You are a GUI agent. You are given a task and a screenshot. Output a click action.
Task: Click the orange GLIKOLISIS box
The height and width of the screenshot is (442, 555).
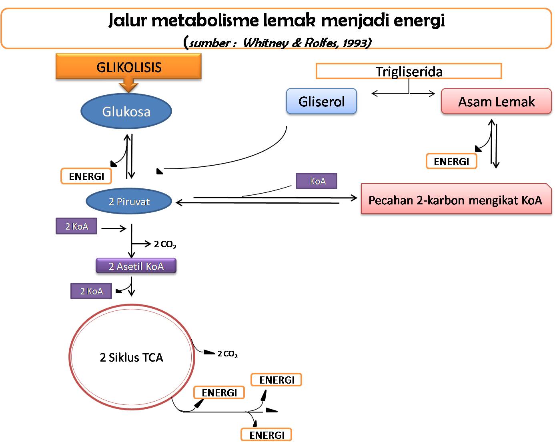pos(128,67)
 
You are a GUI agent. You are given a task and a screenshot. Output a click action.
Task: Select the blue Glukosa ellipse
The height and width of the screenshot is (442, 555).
pos(126,111)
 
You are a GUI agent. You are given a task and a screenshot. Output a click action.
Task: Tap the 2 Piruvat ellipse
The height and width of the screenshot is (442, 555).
pos(129,202)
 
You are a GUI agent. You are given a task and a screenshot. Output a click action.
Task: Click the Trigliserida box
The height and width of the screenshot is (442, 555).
pos(409,72)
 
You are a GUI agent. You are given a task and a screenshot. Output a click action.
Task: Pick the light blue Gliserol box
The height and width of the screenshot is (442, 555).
pos(321,102)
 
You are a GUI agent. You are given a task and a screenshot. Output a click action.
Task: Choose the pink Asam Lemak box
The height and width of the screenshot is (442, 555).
pos(496,102)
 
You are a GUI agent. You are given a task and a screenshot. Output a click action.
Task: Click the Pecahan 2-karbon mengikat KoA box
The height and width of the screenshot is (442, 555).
pos(455,200)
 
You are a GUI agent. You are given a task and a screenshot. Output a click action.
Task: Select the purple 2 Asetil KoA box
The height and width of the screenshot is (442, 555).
pos(136,266)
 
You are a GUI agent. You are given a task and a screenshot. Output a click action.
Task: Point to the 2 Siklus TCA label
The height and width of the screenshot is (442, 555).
pos(131,357)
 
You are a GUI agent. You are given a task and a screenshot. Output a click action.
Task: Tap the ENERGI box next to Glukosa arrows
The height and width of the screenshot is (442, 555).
pos(86,176)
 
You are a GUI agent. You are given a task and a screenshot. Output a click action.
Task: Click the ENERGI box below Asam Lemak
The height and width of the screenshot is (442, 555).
pos(451,161)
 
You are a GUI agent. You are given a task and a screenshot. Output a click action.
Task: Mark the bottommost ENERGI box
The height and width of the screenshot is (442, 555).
pos(266,435)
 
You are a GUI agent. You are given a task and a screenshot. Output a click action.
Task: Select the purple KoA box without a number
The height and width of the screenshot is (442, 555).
pos(317,181)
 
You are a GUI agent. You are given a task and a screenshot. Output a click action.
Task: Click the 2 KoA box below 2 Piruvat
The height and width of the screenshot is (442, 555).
pos(76,226)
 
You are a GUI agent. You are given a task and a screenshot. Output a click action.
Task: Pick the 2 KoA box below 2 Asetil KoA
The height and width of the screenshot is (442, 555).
pos(91,291)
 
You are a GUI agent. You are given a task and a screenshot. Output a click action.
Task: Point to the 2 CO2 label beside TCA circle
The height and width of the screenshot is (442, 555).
pos(228,354)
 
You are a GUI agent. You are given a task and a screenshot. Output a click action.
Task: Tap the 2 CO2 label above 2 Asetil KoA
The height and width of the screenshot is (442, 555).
pos(165,244)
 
